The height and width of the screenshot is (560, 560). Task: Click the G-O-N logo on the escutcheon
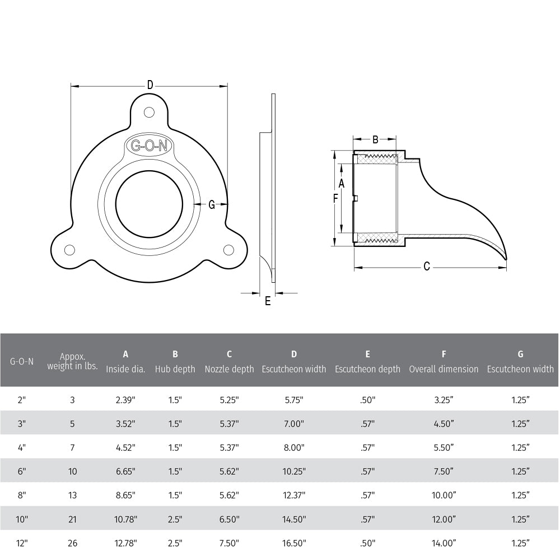tap(149, 146)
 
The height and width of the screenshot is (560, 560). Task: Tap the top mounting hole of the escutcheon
tap(149, 112)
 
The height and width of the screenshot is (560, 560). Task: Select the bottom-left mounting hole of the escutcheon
tap(69, 249)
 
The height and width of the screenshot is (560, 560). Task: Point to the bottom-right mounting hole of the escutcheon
tap(228, 249)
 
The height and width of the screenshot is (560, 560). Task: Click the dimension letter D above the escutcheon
tap(150, 85)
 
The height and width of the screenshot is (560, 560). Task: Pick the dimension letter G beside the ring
tap(212, 205)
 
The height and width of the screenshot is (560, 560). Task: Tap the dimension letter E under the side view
tap(268, 301)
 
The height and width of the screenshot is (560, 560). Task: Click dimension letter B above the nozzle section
tap(375, 139)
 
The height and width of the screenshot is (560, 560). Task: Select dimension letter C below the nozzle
tap(426, 267)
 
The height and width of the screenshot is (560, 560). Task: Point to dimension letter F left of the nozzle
tap(335, 198)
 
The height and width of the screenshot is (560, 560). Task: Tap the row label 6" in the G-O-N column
tap(22, 471)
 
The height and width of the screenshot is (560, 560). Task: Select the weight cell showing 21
tap(72, 519)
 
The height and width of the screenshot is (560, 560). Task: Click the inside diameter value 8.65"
tap(125, 495)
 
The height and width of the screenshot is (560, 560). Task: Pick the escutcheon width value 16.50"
tap(293, 543)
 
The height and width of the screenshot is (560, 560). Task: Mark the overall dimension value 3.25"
tap(444, 400)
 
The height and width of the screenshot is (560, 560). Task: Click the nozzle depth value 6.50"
tap(229, 519)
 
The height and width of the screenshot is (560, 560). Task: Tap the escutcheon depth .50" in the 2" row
tap(367, 400)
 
